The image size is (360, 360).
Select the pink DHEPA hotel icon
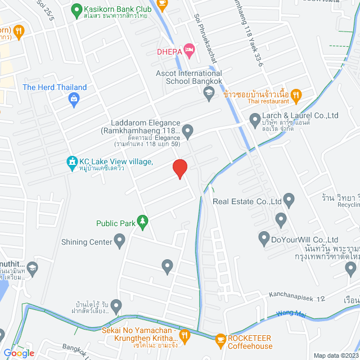point(190,52)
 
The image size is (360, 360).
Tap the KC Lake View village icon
point(71,163)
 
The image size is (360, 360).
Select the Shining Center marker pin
point(119,242)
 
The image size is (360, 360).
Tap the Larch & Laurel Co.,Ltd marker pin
point(254,119)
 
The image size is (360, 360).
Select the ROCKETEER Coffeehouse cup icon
point(219,337)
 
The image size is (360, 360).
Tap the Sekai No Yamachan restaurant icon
point(186,335)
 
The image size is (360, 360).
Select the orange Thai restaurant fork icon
point(298,94)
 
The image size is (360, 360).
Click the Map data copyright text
point(335,355)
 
